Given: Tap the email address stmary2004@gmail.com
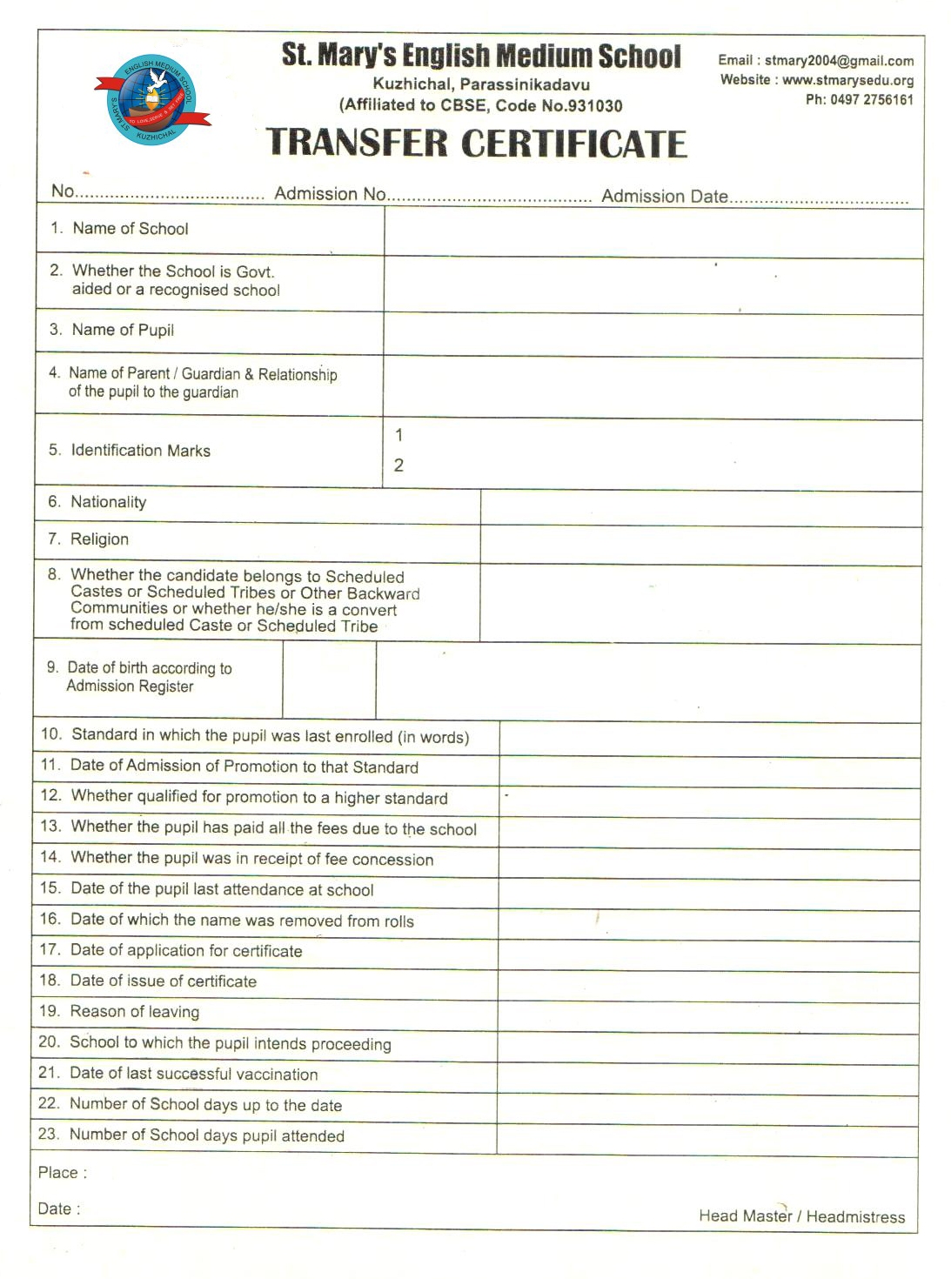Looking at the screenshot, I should pyautogui.click(x=839, y=61).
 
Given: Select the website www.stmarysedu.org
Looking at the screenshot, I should pyautogui.click(x=847, y=81).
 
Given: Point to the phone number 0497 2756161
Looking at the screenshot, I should pyautogui.click(x=872, y=100).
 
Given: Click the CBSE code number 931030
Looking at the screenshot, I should pyautogui.click(x=595, y=106).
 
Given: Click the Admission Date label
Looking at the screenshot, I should pyautogui.click(x=665, y=197).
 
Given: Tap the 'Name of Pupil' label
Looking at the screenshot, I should pyautogui.click(x=123, y=331).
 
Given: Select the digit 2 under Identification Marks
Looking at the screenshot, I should pyautogui.click(x=398, y=465).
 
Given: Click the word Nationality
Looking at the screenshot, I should pyautogui.click(x=108, y=502).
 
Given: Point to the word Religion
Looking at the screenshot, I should pyautogui.click(x=99, y=539).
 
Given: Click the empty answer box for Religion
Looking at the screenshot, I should pyautogui.click(x=700, y=546).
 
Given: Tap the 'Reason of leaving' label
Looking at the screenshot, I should pyautogui.click(x=134, y=1012).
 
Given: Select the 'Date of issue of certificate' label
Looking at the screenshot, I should pyautogui.click(x=163, y=981).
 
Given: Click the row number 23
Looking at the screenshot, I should pyautogui.click(x=49, y=1135).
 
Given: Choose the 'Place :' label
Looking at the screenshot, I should pyautogui.click(x=62, y=1173).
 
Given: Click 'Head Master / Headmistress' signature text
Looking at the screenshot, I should pyautogui.click(x=801, y=1216).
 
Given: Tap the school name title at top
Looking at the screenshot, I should pyautogui.click(x=481, y=56).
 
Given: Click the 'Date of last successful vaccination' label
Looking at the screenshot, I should pyautogui.click(x=193, y=1075).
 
